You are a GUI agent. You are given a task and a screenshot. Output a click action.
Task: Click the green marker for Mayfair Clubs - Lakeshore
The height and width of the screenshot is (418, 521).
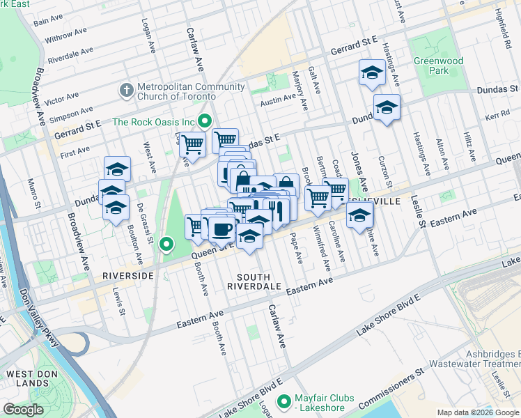(x=283, y=402)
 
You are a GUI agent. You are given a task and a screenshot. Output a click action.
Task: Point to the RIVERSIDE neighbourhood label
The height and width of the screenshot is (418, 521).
(x=127, y=276)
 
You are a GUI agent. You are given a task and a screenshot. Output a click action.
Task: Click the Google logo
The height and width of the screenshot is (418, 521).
(x=23, y=410)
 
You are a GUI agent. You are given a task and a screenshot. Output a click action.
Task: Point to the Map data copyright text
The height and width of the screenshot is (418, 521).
(x=478, y=412)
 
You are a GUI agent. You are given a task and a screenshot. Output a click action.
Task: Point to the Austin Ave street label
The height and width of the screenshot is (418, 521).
(x=278, y=100)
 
